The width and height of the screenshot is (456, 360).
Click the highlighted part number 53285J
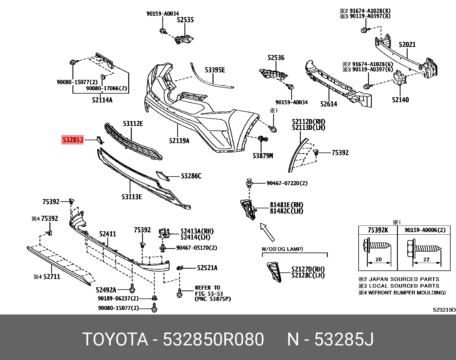tap(73, 140)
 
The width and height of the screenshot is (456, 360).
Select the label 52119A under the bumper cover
tap(179, 141)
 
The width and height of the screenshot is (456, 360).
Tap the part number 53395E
tap(215, 70)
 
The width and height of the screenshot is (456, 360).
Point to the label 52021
tap(407, 44)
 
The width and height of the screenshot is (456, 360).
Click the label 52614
tap(329, 104)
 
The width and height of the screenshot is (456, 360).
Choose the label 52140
tap(400, 100)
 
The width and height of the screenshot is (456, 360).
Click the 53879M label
tap(263, 156)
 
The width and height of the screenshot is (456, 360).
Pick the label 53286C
tap(191, 176)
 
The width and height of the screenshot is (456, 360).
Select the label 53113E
tap(131, 197)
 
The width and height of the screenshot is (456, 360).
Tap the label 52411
tap(107, 234)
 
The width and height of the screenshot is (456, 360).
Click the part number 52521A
tap(207, 268)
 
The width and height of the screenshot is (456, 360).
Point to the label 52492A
tap(106, 290)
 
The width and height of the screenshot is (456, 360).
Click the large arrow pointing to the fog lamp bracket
tap(267, 232)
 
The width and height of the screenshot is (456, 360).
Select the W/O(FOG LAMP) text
tap(282, 249)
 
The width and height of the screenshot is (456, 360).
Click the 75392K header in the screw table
tap(378, 230)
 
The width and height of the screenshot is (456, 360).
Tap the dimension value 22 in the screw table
tap(426, 259)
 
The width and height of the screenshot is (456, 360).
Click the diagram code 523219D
tap(444, 310)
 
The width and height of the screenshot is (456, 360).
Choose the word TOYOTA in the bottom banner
tap(115, 339)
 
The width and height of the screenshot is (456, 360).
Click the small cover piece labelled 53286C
tap(163, 176)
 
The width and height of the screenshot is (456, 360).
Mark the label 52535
tap(185, 20)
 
